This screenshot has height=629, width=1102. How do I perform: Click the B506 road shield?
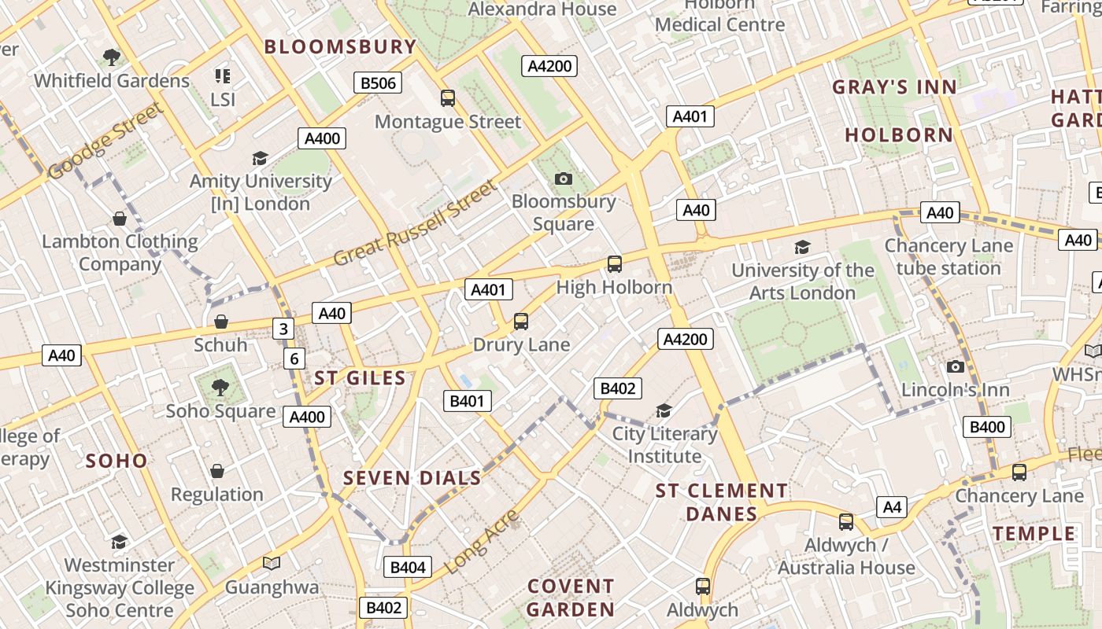378,83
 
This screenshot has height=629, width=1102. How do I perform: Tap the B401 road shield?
467,401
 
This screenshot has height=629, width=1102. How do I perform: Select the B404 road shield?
408,567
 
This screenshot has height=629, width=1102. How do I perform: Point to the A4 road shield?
892,507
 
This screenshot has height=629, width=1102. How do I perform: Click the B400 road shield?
987,427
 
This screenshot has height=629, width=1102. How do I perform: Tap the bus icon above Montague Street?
448,98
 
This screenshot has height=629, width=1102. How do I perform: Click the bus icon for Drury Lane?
520,321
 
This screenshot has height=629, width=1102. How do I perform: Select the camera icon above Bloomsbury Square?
563,178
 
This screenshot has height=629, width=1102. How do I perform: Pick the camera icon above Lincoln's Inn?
956,366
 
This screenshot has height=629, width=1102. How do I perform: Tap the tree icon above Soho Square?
220,387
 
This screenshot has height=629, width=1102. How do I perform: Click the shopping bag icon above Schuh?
221,322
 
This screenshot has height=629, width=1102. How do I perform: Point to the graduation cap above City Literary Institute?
664,410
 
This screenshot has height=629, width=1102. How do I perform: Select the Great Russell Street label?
416,223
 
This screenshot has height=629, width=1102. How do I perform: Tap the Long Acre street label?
483,541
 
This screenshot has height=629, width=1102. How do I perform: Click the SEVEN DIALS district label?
412,478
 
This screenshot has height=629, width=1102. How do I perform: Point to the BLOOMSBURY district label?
340,47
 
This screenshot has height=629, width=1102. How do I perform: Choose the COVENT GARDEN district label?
571,598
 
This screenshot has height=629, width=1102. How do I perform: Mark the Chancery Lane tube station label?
949,257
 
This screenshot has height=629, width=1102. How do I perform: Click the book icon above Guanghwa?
272,563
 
